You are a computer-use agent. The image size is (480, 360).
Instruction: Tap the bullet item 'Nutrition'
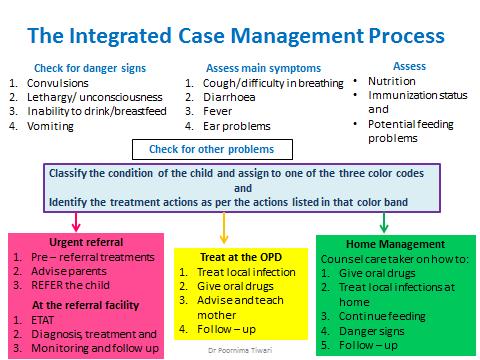click(392, 81)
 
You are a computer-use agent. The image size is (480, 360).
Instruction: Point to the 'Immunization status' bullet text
click(409, 96)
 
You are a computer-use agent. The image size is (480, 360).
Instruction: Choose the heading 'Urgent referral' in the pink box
click(73, 241)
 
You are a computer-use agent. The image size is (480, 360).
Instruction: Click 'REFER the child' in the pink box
click(76, 283)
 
